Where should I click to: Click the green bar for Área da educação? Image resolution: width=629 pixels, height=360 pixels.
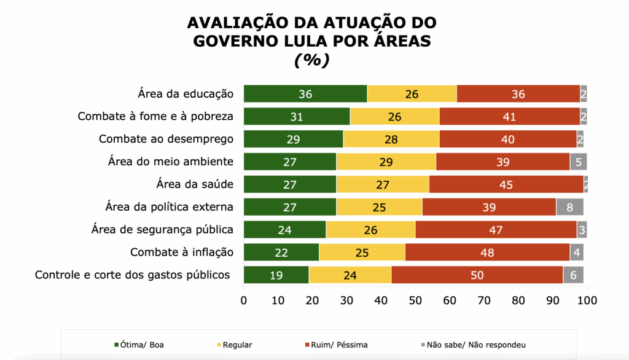click(305, 93)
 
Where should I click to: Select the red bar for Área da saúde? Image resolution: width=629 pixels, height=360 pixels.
click(506, 184)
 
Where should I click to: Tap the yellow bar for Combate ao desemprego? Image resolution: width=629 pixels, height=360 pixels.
click(391, 139)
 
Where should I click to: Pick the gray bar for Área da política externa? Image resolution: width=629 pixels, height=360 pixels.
click(570, 207)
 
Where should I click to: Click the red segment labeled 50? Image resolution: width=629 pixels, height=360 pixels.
click(477, 275)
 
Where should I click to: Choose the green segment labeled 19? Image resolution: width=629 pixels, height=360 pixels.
click(276, 275)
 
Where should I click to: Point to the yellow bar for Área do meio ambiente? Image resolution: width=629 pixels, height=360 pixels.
click(386, 162)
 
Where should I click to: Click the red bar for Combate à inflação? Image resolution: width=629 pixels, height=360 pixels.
click(487, 252)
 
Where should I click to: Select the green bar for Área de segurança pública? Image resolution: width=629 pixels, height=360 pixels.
click(284, 230)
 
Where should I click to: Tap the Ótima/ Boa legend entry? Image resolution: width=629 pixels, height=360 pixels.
click(139, 345)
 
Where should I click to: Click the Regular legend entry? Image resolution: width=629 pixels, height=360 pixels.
click(235, 345)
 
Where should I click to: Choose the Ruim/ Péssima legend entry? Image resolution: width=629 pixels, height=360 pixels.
click(343, 345)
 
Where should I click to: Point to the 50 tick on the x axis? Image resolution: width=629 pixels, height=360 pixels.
click(415, 300)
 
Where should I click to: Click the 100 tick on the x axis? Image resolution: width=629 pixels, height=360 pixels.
click(587, 300)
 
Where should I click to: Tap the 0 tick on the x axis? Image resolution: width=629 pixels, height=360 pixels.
click(244, 300)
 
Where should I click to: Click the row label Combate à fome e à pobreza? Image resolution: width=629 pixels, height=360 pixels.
click(155, 116)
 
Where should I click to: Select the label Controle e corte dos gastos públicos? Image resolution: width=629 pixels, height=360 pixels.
click(132, 275)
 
